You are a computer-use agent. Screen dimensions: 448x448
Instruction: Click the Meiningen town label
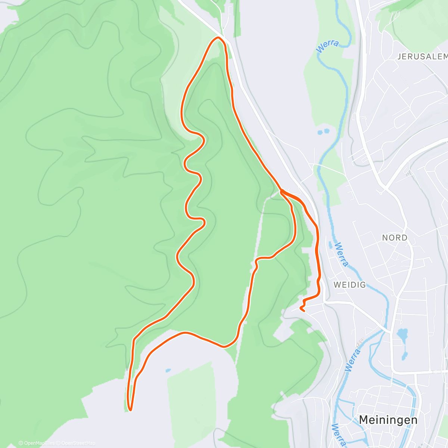[388, 420]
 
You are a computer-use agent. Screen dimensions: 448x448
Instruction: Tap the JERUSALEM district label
[422, 57]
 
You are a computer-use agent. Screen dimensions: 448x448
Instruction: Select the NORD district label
[395, 237]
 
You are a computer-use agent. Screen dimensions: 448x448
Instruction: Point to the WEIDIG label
[349, 285]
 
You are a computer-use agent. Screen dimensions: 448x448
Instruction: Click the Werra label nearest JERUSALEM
[327, 46]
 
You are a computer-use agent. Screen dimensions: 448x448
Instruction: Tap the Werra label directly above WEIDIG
[342, 255]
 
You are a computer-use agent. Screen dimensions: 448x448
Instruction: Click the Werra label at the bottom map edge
[338, 435]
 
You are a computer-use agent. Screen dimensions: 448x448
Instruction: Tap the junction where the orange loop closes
[281, 191]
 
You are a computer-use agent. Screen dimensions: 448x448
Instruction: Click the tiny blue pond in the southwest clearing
[168, 371]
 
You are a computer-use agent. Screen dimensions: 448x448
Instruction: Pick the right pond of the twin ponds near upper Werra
[327, 131]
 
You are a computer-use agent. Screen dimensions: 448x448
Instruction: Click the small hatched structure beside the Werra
[360, 342]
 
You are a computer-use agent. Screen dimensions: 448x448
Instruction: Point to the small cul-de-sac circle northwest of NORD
[381, 193]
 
